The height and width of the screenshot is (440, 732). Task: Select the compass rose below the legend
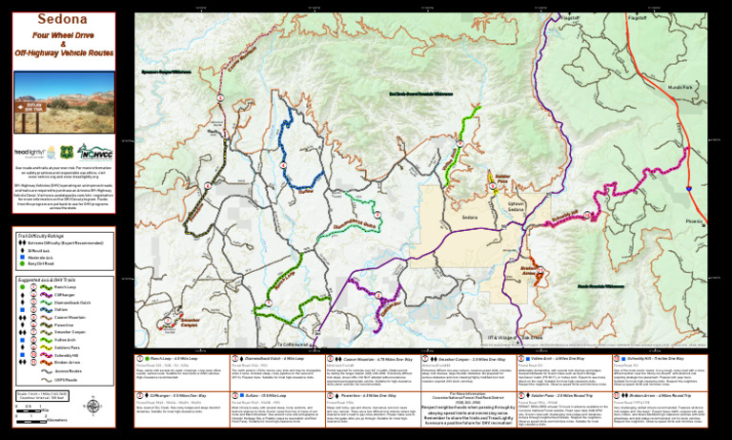[x=105, y=387]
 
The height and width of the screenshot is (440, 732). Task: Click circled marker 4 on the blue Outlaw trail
[x=283, y=165]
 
